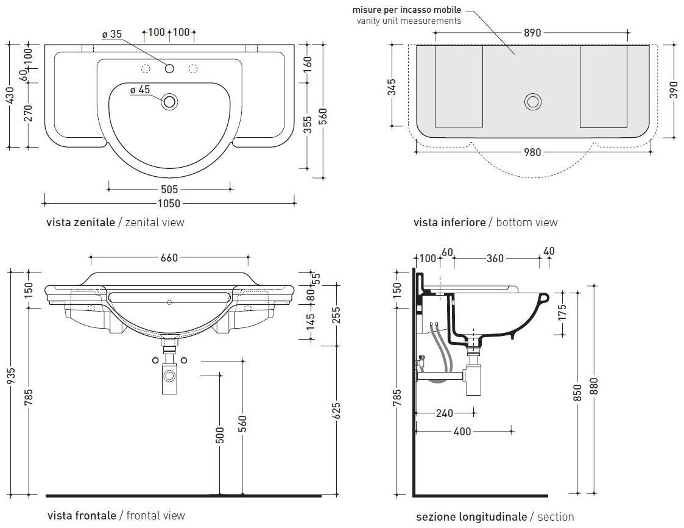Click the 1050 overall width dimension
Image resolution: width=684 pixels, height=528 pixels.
pos(169,203)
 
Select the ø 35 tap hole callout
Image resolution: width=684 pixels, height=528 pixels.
pos(112,34)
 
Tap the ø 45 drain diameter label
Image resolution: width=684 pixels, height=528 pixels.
pos(139,90)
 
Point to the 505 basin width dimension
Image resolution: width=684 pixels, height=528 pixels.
pos(169,189)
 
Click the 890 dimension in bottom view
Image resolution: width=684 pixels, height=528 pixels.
pos(532,33)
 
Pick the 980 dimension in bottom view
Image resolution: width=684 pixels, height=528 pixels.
pos(532,152)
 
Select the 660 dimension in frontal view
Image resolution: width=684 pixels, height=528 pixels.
pos(169,258)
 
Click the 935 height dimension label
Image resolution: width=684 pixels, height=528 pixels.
pos(11,376)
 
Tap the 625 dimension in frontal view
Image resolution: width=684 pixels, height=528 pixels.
pos(336,411)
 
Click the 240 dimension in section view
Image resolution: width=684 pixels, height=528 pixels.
pos(445,413)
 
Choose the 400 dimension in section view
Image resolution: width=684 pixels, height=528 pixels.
pos(462,432)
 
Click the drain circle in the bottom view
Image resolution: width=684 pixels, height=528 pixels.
pos(532,102)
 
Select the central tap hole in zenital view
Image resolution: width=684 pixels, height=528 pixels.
pos(169,68)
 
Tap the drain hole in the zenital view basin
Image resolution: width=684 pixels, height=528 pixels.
pos(169,102)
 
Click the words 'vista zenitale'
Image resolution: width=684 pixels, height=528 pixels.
pos(80,223)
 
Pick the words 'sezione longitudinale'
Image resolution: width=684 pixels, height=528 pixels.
pos(471,517)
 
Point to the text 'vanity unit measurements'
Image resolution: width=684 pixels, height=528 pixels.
pos(409,21)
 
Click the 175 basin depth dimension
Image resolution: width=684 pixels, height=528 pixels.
pos(562,313)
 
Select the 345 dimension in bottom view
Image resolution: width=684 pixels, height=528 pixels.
pos(392,87)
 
